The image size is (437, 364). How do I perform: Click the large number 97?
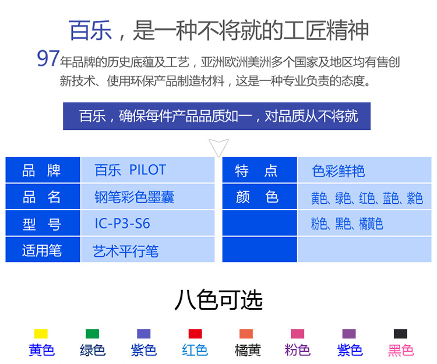coord(48,58)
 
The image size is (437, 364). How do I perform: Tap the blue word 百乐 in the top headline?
coord(90,30)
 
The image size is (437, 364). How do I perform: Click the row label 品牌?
coord(41,170)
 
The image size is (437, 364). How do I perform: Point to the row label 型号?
coord(41,224)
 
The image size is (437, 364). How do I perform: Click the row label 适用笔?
coord(42,250)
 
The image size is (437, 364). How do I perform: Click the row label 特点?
coord(256,171)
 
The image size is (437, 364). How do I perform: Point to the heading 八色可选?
coord(218,300)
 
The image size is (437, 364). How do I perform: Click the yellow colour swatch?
coord(41,334)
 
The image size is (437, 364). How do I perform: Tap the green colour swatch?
coord(92,334)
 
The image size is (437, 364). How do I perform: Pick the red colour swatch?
coord(195,334)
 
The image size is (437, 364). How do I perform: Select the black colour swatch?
coord(400,334)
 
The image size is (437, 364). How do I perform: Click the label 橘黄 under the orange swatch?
coord(248,350)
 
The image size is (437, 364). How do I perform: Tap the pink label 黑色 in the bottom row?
coord(401,350)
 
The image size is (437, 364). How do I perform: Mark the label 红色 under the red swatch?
coord(195,350)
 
